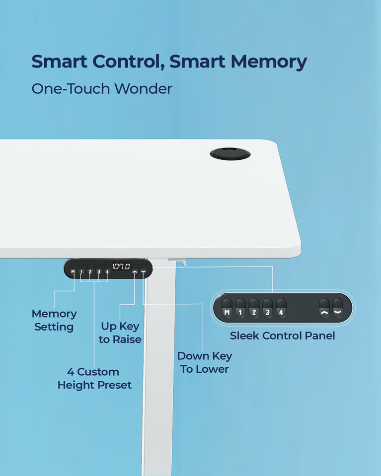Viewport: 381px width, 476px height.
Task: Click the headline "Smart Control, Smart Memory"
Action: pyautogui.click(x=169, y=62)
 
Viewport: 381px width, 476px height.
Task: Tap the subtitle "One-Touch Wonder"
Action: pyautogui.click(x=101, y=89)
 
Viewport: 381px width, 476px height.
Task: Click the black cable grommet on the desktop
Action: pyautogui.click(x=230, y=153)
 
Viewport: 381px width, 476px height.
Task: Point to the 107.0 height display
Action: pyautogui.click(x=120, y=267)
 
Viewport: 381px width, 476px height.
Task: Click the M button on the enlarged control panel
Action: pyautogui.click(x=227, y=308)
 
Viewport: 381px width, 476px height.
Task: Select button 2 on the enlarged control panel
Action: pyautogui.click(x=254, y=308)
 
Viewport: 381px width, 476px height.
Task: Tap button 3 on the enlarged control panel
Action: pyautogui.click(x=267, y=308)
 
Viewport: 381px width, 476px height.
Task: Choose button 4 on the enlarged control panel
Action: pyautogui.click(x=281, y=308)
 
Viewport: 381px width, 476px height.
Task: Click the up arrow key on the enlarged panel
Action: pyautogui.click(x=324, y=308)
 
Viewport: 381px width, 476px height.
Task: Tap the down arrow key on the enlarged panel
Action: pyautogui.click(x=338, y=308)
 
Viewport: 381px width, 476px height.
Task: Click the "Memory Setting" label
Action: pyautogui.click(x=54, y=320)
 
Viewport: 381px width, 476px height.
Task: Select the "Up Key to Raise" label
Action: pyautogui.click(x=120, y=333)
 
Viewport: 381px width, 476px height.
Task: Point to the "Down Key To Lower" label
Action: pyautogui.click(x=204, y=362)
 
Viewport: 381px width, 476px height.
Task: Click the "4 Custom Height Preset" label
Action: pyautogui.click(x=94, y=378)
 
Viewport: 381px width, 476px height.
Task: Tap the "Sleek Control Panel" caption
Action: pyautogui.click(x=282, y=336)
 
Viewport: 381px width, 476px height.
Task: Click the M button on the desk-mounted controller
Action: pyautogui.click(x=73, y=271)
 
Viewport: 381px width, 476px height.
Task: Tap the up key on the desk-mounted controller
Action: pyautogui.click(x=135, y=271)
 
